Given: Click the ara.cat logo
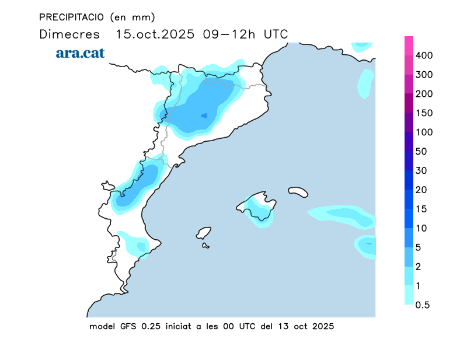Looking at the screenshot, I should [x=80, y=53].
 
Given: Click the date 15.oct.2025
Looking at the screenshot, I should [x=155, y=34].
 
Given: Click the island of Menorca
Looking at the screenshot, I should [x=298, y=191].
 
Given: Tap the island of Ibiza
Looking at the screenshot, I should [x=204, y=233].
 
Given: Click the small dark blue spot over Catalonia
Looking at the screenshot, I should [x=204, y=116].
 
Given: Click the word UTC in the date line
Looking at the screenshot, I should [x=276, y=34].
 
